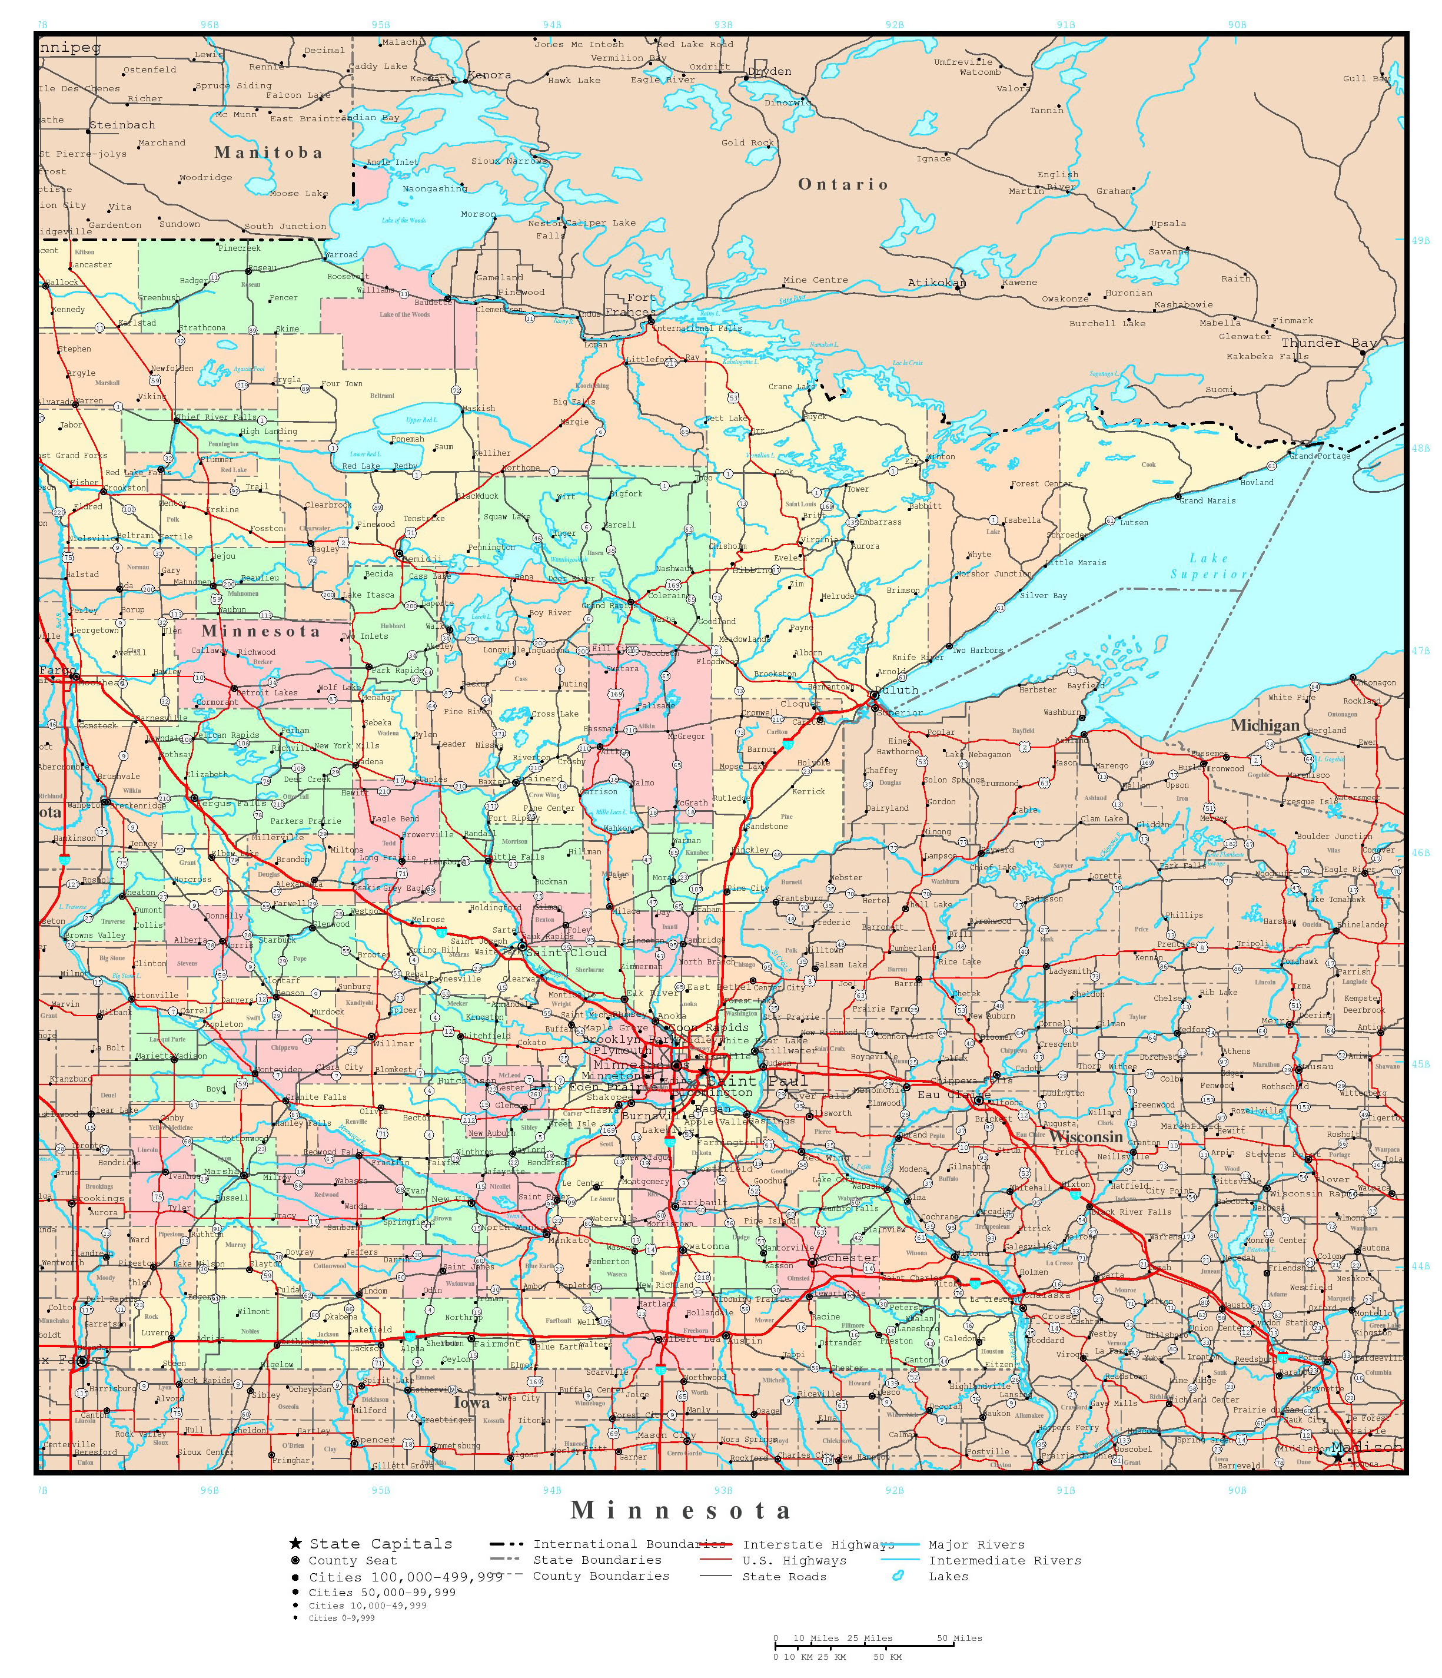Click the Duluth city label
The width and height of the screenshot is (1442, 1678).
pos(896,690)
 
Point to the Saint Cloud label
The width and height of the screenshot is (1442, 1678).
pos(565,953)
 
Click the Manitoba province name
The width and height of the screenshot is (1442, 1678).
pos(268,152)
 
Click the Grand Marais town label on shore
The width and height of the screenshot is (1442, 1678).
pos(1207,500)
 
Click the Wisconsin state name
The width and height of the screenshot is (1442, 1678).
pos(1087,1136)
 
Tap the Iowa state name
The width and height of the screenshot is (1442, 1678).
pos(472,1402)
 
